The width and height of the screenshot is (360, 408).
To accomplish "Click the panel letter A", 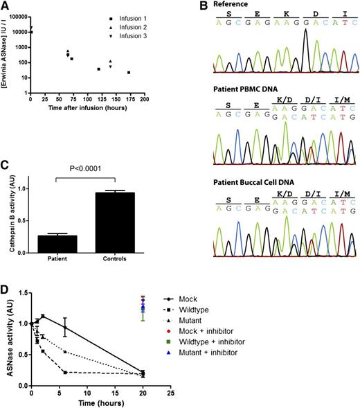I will click(5, 6).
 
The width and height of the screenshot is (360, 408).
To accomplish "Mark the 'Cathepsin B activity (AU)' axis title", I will click(8, 211).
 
